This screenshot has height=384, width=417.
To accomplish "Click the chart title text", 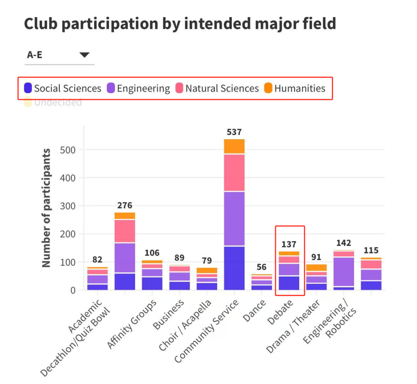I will click(x=180, y=24).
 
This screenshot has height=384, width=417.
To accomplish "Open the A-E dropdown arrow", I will click(x=85, y=55).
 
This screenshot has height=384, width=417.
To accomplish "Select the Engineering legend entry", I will click(x=138, y=89).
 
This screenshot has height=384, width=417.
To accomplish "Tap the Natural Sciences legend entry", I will click(x=217, y=89).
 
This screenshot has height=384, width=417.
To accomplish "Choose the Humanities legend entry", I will click(x=295, y=89).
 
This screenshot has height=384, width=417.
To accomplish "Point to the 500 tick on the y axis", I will click(x=68, y=150).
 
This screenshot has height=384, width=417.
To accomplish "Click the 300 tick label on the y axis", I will click(x=68, y=206).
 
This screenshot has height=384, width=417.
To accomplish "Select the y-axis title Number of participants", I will click(x=46, y=208).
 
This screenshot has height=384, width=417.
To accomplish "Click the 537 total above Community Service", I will click(x=234, y=132).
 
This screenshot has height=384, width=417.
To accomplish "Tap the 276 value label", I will click(x=125, y=205).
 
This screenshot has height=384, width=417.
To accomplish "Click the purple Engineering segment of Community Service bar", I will click(x=234, y=218).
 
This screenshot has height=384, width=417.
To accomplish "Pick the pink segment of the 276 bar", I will click(x=125, y=231).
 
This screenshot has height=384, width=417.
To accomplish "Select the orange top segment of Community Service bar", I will click(x=234, y=146).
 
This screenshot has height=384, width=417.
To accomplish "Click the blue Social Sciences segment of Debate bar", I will click(x=289, y=283).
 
